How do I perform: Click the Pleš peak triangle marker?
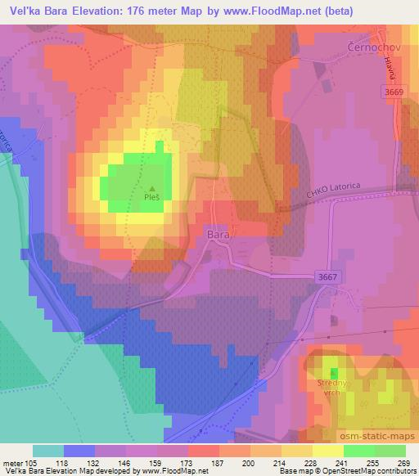tap(151, 187)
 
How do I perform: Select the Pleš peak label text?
tap(151, 197)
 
